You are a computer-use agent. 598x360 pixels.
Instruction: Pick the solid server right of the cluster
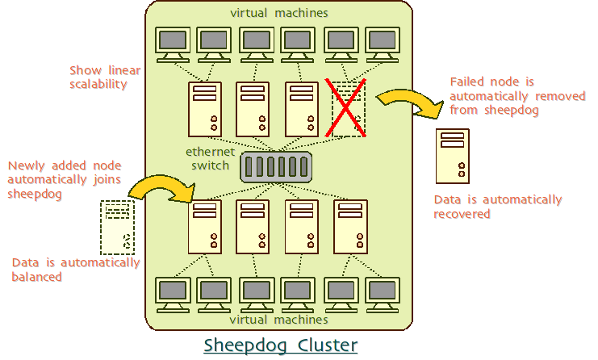point(453,156)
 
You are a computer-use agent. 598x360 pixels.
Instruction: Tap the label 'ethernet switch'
point(211,158)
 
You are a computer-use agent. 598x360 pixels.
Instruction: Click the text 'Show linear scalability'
point(105,77)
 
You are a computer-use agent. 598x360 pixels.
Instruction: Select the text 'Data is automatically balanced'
point(76,270)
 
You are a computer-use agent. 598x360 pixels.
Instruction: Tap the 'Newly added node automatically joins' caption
point(65,180)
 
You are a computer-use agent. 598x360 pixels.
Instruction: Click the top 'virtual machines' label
point(279,12)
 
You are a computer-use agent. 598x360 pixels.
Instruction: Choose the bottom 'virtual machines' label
point(279,319)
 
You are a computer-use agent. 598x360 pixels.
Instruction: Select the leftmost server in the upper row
point(204,109)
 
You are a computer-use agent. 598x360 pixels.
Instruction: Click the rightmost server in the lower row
point(350,226)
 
